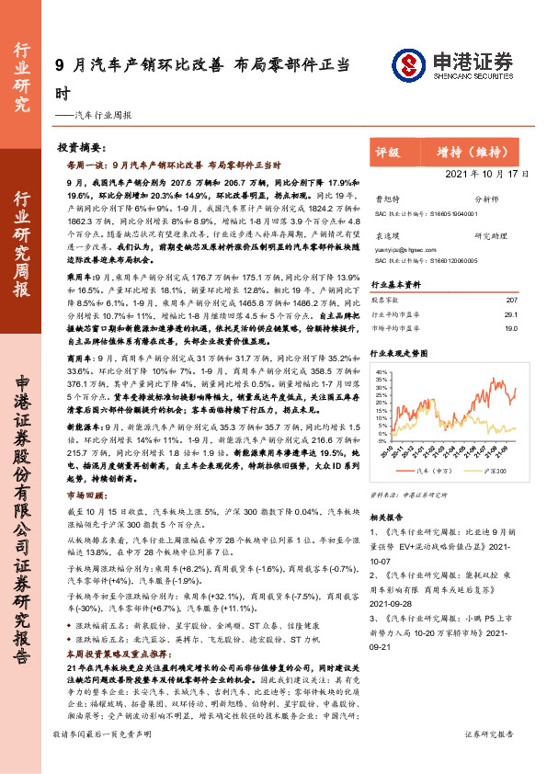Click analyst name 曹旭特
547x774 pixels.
388,198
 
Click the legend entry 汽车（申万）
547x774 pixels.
427,470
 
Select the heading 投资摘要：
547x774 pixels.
83,147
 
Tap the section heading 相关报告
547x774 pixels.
388,517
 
